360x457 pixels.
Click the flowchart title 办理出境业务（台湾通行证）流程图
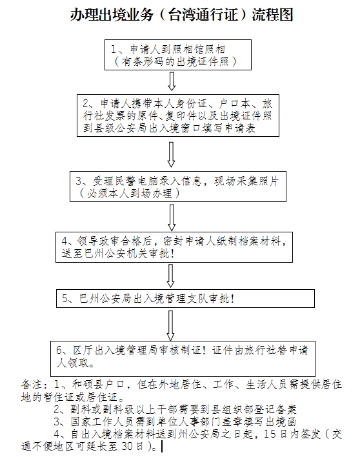(181, 15)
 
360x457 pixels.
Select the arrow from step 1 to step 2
(172, 81)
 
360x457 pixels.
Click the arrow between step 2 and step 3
(171, 154)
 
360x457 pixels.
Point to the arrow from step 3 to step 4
(172, 218)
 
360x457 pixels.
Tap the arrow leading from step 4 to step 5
(171, 276)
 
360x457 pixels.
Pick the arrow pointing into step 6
(171, 325)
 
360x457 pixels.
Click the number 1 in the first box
(114, 49)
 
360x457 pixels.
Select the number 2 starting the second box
(85, 103)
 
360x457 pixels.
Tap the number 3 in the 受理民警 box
(78, 181)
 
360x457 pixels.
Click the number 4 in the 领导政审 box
(65, 241)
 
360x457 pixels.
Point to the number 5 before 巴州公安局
(65, 298)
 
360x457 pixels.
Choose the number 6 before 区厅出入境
(59, 350)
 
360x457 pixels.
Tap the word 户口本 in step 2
(234, 103)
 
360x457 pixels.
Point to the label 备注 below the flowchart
(32, 385)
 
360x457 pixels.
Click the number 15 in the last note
(270, 434)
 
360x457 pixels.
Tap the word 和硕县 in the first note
(88, 385)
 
